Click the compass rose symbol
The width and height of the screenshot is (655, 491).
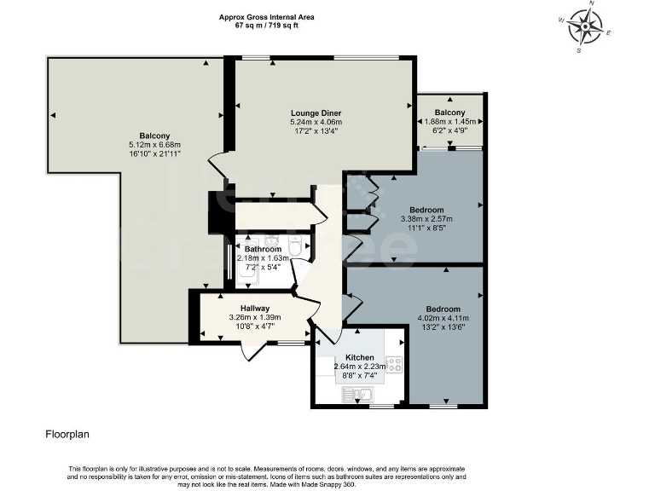click(585, 27)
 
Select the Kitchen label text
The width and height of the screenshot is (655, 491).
click(360, 357)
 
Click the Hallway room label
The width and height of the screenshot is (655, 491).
click(255, 309)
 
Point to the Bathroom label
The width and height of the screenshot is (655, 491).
click(264, 249)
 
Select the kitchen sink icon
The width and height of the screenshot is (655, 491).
click(358, 394)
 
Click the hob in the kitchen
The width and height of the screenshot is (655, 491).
click(394, 364)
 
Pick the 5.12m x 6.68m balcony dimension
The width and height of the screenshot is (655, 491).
click(154, 145)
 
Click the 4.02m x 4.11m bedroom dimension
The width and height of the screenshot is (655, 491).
click(443, 318)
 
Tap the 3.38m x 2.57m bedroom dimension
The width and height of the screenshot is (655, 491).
click(426, 219)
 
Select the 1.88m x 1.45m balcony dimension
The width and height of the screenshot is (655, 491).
click(450, 122)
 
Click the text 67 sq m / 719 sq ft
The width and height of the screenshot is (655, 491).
click(266, 25)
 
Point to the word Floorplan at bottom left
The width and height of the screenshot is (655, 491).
click(67, 434)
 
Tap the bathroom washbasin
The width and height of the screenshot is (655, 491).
click(271, 240)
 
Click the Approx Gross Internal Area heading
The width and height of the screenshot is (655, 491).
click(266, 17)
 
